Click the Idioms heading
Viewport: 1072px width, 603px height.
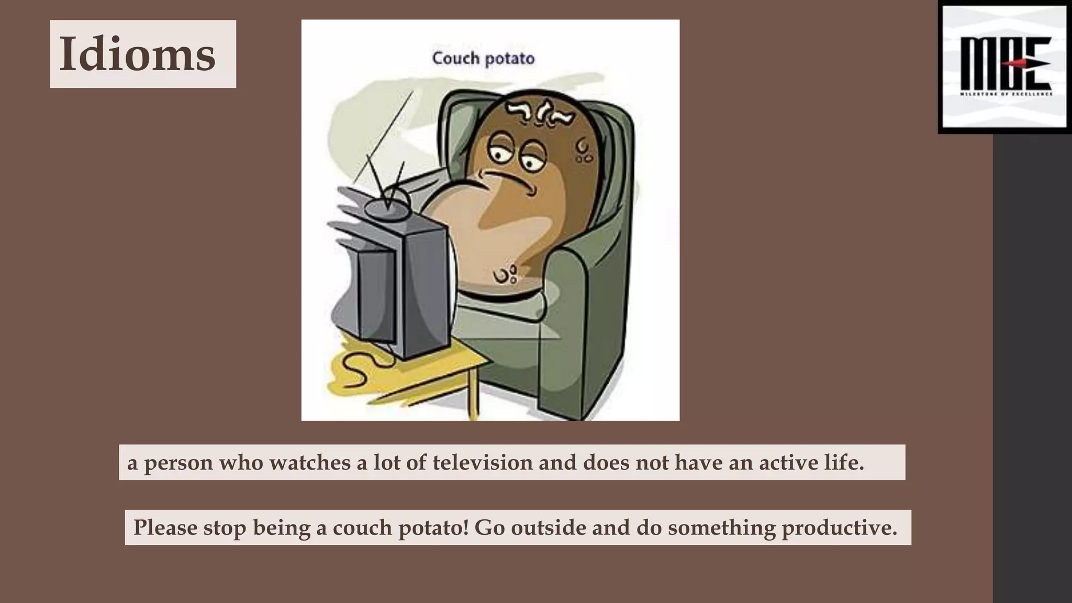137,54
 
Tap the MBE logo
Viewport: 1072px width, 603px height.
1005,67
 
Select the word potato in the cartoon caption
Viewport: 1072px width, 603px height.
509,58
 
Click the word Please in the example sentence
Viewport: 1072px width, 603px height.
165,528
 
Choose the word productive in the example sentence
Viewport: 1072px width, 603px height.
839,528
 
